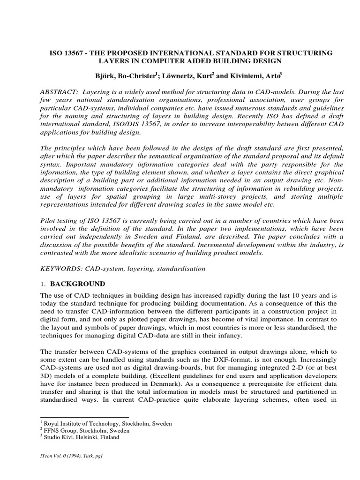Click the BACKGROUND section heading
77,284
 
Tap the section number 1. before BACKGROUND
44,284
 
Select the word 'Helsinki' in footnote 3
89,437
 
